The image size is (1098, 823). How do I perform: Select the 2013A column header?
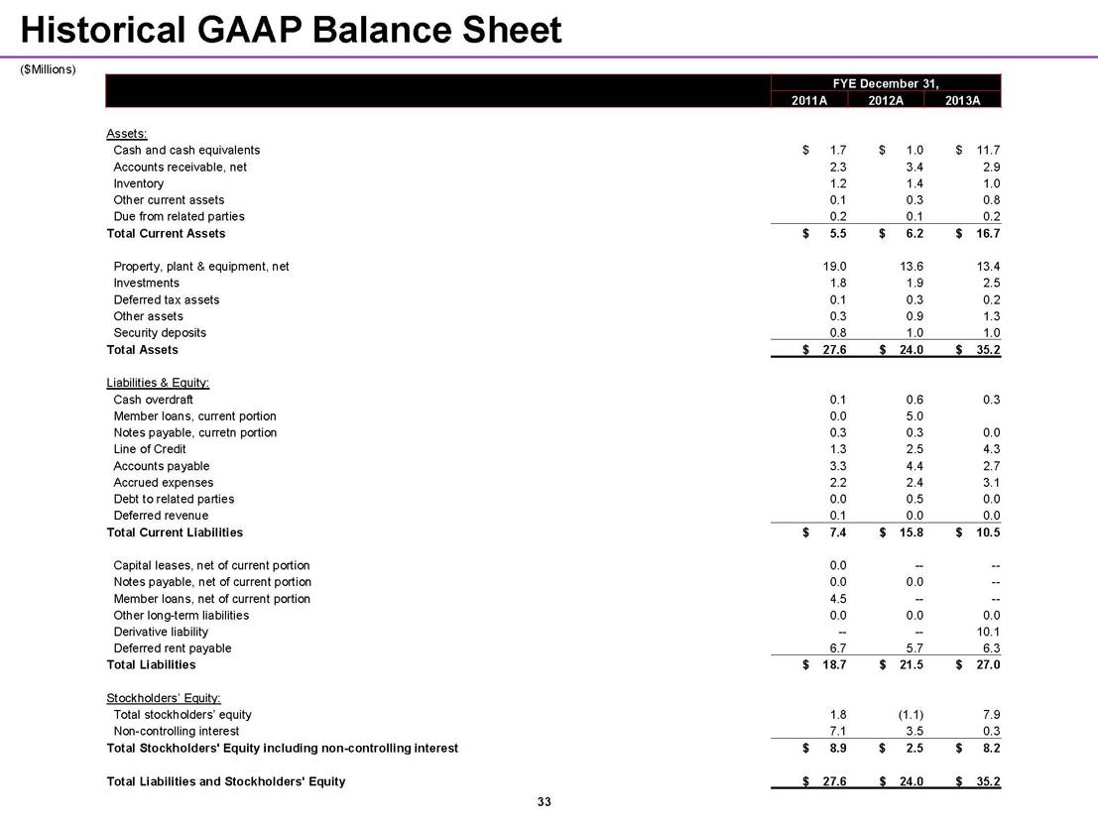[x=962, y=99]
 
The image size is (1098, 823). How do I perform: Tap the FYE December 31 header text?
[x=886, y=82]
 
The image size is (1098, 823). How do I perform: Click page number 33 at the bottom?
[x=543, y=802]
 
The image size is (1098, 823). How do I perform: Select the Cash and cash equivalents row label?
[x=186, y=150]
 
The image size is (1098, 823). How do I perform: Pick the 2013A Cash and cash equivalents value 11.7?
[x=988, y=150]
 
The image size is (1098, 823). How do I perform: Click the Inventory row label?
[x=139, y=183]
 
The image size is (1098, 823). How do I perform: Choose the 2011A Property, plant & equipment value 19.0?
[x=833, y=267]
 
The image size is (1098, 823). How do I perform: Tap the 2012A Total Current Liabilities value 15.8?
[x=910, y=532]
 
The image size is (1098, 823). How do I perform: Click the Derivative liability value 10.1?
[x=988, y=632]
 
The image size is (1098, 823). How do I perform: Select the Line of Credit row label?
[x=150, y=449]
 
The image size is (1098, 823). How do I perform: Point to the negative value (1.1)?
[x=908, y=715]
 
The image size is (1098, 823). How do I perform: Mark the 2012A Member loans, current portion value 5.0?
[x=915, y=415]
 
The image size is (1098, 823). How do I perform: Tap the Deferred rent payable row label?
[x=173, y=648]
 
